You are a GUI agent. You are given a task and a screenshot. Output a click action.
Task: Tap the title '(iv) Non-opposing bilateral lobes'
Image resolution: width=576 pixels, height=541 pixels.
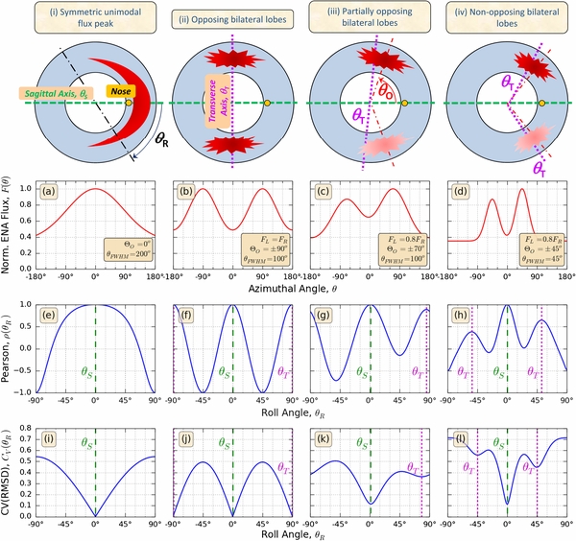pos(502,17)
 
